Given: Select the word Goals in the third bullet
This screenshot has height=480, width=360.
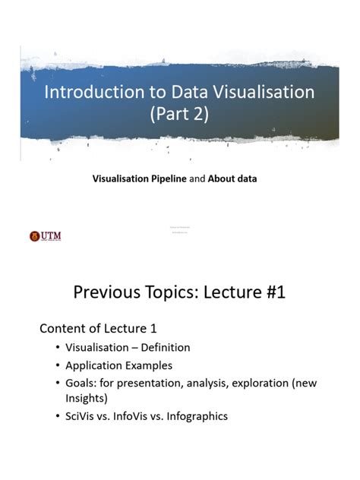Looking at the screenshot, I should point(83,384).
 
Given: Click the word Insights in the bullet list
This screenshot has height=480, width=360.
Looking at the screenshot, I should point(87,398).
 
